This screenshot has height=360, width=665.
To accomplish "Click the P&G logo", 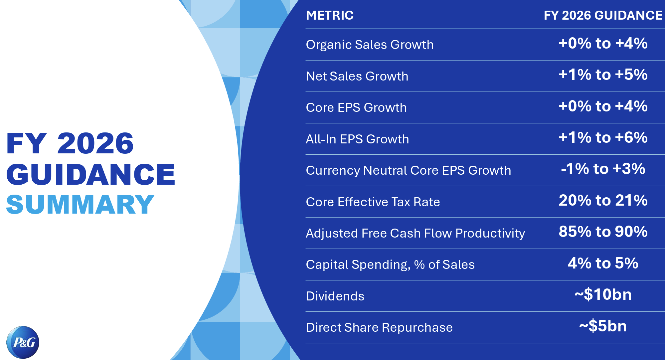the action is [23, 342].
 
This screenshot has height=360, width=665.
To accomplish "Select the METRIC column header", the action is [330, 15].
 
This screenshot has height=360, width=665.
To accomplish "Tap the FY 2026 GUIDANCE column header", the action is [603, 15].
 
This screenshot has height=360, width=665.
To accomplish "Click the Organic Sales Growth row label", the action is [370, 45].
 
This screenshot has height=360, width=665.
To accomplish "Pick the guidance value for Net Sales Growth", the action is [603, 75].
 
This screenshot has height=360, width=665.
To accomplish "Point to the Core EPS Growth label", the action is [356, 107].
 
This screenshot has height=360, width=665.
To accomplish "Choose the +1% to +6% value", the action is [603, 137].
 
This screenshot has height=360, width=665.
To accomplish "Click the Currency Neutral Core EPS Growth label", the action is [408, 170].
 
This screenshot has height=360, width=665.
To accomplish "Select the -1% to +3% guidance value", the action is [603, 169].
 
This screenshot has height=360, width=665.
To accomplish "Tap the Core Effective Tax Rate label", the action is [373, 202].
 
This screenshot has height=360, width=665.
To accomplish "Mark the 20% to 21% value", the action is [603, 200].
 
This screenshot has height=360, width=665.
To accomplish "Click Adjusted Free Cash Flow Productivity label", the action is [415, 233].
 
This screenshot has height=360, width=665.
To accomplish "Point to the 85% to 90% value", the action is [603, 232].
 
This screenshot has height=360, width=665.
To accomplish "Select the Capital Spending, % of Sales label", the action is [390, 265].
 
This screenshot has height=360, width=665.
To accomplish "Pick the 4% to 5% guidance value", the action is [603, 263].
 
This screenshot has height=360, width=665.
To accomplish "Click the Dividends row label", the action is [335, 296].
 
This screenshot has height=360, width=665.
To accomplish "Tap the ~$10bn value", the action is [603, 294].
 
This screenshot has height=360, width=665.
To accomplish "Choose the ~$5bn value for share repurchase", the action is [603, 326].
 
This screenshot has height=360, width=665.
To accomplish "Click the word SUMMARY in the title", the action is [80, 204].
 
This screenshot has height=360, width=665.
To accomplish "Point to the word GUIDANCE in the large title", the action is [90, 174].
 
